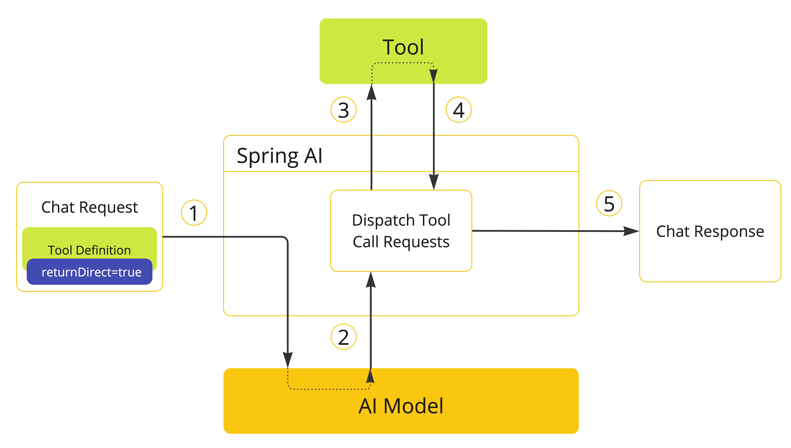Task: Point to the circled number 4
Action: click(x=459, y=110)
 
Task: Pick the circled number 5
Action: click(x=609, y=203)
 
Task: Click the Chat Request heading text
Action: click(x=89, y=207)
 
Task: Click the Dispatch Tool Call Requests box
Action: click(x=401, y=231)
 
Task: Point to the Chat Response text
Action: click(x=710, y=231)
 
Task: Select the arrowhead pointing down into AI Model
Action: click(x=288, y=360)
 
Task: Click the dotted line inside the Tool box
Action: click(x=403, y=63)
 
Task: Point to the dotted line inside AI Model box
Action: click(x=329, y=389)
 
